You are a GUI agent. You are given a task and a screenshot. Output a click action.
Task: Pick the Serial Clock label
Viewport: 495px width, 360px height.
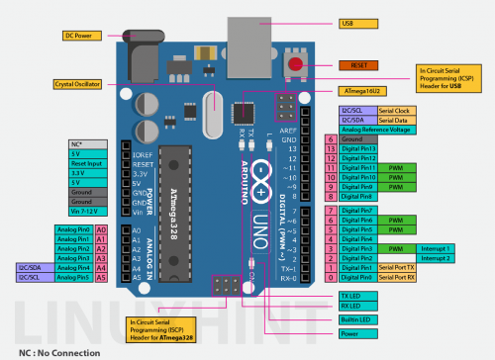[x=394, y=110]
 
